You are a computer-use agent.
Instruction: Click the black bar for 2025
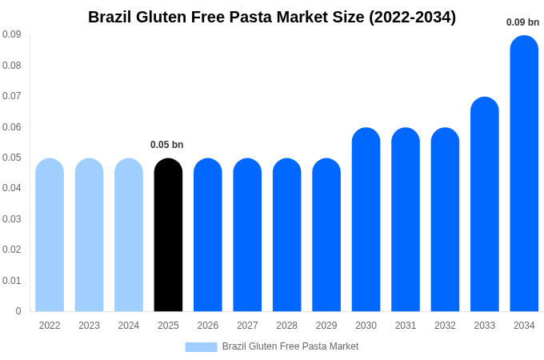pos(168,235)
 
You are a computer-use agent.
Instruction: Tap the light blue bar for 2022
pos(50,235)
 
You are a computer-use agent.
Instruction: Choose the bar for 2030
pos(366,220)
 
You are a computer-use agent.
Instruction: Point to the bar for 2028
pos(286,235)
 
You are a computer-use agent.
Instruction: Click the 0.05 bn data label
pos(167,145)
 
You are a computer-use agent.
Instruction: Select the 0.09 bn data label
pos(522,22)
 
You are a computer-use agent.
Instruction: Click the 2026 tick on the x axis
pos(208,326)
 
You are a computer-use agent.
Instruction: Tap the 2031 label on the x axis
pos(406,326)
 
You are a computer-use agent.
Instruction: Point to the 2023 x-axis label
pos(89,326)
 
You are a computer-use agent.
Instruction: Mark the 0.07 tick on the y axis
pos(11,96)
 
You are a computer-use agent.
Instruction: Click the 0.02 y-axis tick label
pos(11,250)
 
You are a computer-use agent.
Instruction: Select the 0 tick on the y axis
pos(18,311)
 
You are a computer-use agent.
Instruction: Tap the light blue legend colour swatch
pos(201,346)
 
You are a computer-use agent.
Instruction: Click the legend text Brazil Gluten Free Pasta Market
pos(290,346)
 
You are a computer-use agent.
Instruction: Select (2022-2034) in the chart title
pos(412,17)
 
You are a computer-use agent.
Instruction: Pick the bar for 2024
pos(129,235)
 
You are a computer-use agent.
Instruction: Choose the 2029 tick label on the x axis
pos(326,326)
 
